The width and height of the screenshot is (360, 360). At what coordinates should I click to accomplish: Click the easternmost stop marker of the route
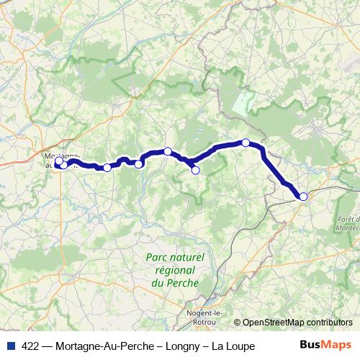303,197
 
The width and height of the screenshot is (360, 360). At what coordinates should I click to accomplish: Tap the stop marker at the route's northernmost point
246,143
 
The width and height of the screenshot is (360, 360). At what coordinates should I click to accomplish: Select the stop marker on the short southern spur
195,171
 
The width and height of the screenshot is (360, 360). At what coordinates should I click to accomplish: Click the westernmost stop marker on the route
58,161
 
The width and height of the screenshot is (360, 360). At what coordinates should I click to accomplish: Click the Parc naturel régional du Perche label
175,270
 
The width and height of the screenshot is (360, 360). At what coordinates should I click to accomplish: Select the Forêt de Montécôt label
347,223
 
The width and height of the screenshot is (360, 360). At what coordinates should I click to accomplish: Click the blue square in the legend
9,346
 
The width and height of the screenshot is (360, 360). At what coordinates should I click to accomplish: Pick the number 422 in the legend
30,346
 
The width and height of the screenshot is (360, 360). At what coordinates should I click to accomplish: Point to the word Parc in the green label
156,257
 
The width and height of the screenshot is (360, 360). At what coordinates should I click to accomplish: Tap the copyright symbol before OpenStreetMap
238,323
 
